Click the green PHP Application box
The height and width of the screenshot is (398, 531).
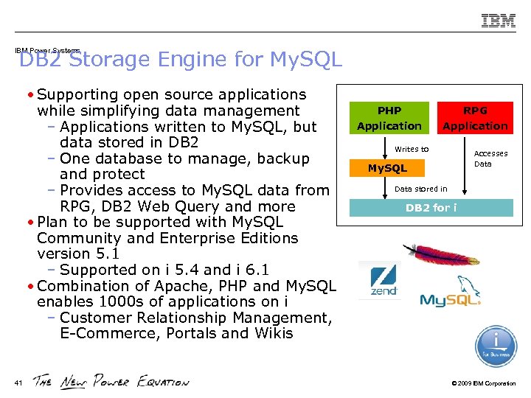click(389, 118)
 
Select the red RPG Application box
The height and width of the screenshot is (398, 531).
click(475, 118)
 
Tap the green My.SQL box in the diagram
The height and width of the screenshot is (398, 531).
click(388, 168)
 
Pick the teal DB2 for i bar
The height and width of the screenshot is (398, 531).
click(431, 208)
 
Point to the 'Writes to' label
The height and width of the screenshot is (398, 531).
click(412, 149)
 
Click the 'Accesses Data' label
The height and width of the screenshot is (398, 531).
click(490, 158)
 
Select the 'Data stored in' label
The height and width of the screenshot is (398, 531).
click(420, 189)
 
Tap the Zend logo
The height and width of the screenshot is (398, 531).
click(381, 280)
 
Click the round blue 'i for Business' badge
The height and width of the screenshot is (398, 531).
click(496, 346)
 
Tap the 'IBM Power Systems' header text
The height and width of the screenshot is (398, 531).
click(47, 51)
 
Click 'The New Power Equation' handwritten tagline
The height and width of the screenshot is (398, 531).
click(111, 381)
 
